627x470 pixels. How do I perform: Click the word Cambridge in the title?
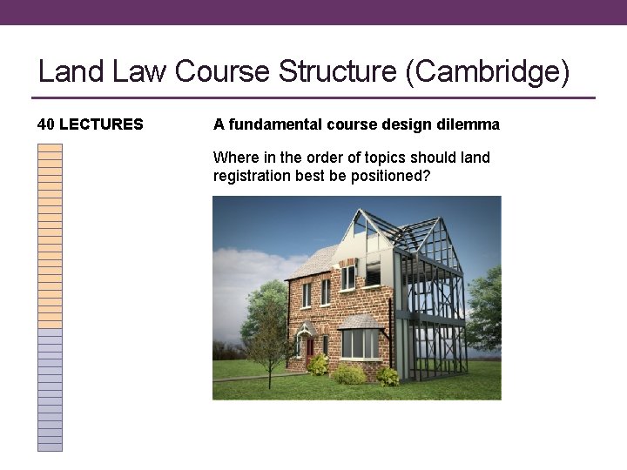coord(488,71)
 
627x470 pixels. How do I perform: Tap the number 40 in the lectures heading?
coord(46,124)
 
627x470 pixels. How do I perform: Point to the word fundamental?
coord(273,124)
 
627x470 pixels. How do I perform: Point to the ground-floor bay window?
coord(359,341)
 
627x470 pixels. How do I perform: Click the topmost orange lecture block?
coord(50,147)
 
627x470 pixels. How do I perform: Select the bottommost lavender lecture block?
coord(50,446)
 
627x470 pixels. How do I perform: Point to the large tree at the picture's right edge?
coord(486,309)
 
